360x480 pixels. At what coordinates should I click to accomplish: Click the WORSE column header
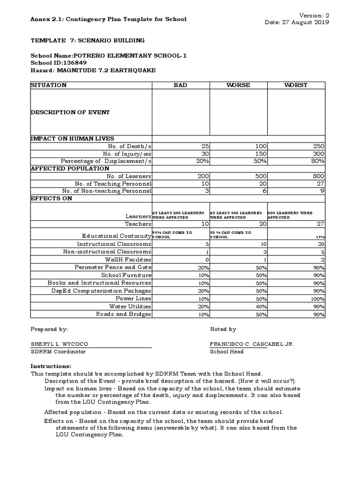[x=238, y=85]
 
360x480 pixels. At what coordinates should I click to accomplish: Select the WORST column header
[x=296, y=85]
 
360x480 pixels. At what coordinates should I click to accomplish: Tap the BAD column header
[x=180, y=85]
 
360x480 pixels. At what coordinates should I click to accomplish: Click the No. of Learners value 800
[x=318, y=176]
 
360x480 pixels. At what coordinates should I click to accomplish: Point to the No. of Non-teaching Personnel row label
[x=107, y=191]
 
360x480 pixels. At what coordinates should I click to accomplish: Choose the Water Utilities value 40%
[x=261, y=307]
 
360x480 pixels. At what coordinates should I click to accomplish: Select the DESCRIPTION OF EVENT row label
[x=70, y=112]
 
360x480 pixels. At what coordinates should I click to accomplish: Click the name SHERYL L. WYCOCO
[x=59, y=344]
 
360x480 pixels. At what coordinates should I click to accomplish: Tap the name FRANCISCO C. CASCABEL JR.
[x=252, y=344]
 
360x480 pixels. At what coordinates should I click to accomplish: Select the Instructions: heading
[x=51, y=366]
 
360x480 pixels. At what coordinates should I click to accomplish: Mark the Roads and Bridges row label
[x=124, y=314]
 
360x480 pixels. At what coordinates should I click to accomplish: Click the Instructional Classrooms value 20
[x=320, y=244]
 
